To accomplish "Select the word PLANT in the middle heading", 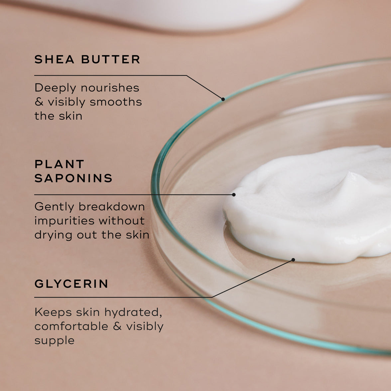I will click(x=60, y=164).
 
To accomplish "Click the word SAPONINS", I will click(x=73, y=178).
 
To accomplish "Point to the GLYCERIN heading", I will click(x=71, y=284).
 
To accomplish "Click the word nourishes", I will click(x=110, y=88).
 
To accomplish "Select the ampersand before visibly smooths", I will click(x=39, y=102).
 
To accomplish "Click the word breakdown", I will click(x=112, y=206).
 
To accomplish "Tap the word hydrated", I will click(x=133, y=312).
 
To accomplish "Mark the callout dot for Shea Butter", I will click(x=223, y=99).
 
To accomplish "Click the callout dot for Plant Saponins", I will click(x=234, y=195).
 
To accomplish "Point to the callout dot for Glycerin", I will click(x=293, y=260).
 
